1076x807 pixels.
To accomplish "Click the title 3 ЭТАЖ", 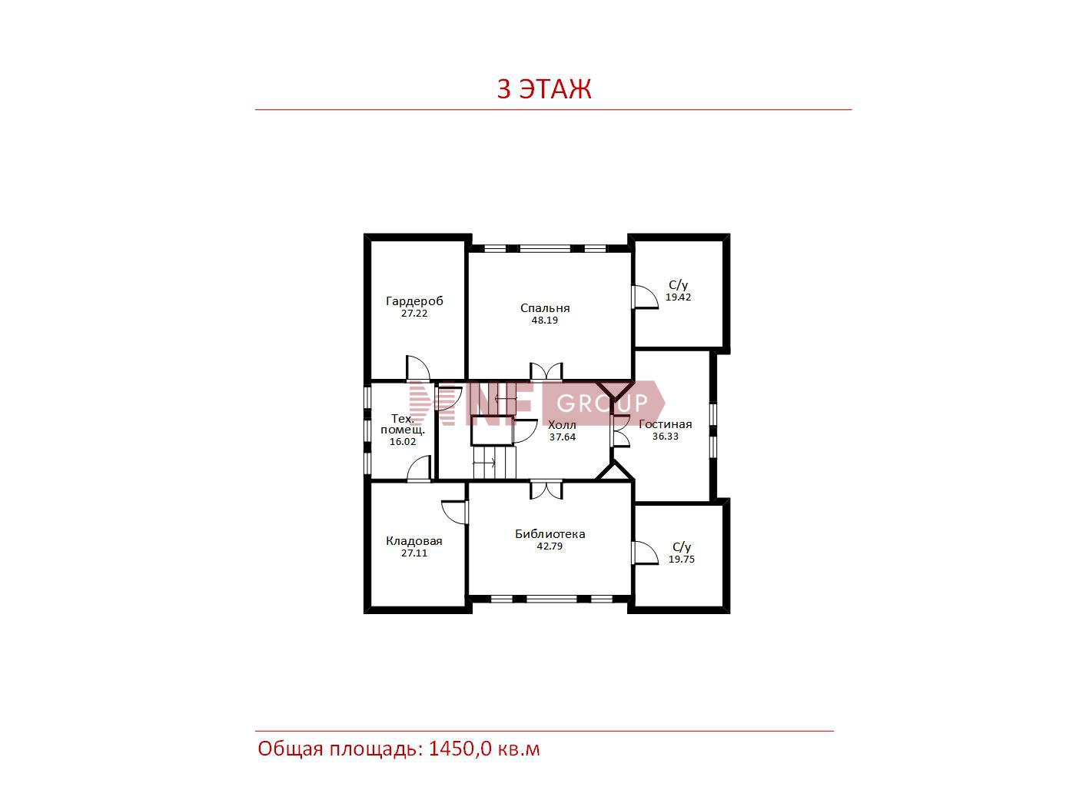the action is tap(544, 89).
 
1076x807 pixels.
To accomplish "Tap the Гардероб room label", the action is tap(414, 301).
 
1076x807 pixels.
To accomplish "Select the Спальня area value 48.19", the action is tap(545, 320).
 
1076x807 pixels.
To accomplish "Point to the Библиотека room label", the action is tap(550, 533).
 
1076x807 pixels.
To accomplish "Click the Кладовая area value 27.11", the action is tap(414, 553).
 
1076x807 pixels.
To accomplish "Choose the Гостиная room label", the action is tap(666, 423).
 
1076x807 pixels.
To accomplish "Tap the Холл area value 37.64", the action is tap(563, 437).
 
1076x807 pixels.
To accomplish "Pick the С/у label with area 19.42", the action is tap(679, 284).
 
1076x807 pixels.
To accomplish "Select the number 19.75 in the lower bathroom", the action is tap(682, 559).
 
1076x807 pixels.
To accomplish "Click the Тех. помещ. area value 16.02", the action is tap(403, 441).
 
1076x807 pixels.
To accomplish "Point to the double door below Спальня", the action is tap(546, 371).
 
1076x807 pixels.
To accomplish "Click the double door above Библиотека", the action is tap(546, 490).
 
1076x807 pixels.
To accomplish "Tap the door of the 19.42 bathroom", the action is tap(645, 297).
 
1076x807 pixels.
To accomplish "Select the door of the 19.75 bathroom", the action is tap(645, 553).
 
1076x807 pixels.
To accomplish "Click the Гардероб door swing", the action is tap(418, 368).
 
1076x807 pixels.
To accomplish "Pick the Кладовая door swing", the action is tap(455, 513).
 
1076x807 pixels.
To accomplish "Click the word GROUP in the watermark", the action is tap(603, 403).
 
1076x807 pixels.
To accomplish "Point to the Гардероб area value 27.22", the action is tap(414, 313).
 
